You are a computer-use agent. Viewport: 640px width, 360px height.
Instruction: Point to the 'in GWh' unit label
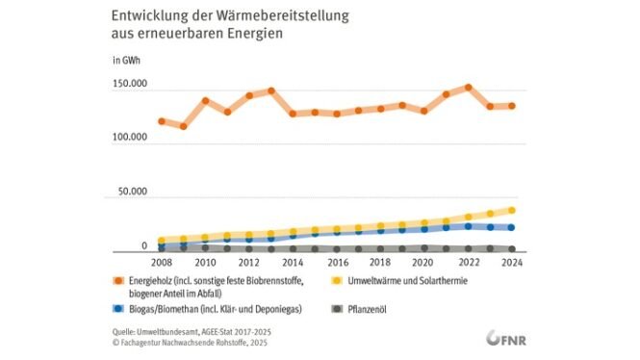click(127, 61)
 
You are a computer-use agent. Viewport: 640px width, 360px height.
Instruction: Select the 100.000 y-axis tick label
click(129, 139)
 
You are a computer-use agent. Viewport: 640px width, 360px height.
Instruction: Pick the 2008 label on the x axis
click(161, 262)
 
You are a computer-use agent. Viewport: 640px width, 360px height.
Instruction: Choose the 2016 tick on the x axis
click(338, 262)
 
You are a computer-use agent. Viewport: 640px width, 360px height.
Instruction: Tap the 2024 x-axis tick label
click(513, 262)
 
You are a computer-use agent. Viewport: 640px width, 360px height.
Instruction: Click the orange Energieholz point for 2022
click(469, 88)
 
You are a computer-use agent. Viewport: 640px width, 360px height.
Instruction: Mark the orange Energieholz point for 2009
click(183, 126)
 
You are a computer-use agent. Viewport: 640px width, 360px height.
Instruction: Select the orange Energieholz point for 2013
click(271, 91)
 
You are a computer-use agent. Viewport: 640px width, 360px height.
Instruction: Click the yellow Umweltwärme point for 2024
click(513, 210)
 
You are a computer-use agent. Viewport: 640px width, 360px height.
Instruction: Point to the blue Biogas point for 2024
click(513, 227)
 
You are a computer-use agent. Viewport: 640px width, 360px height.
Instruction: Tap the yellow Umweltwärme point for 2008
click(161, 241)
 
